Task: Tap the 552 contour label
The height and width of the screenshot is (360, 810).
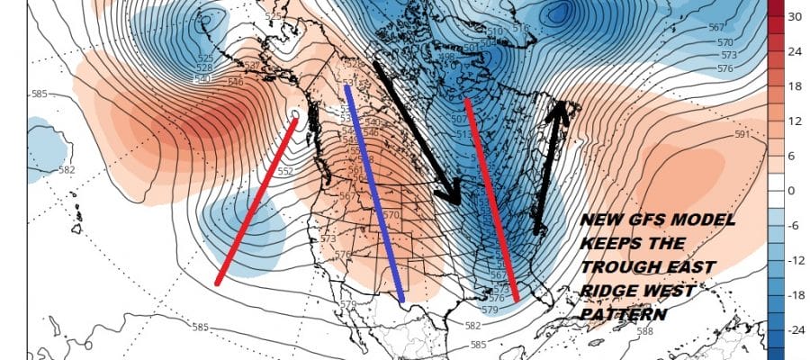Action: click(284, 171)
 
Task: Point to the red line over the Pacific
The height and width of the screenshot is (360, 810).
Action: click(256, 202)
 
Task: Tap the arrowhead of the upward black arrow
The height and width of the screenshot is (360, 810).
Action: click(561, 111)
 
